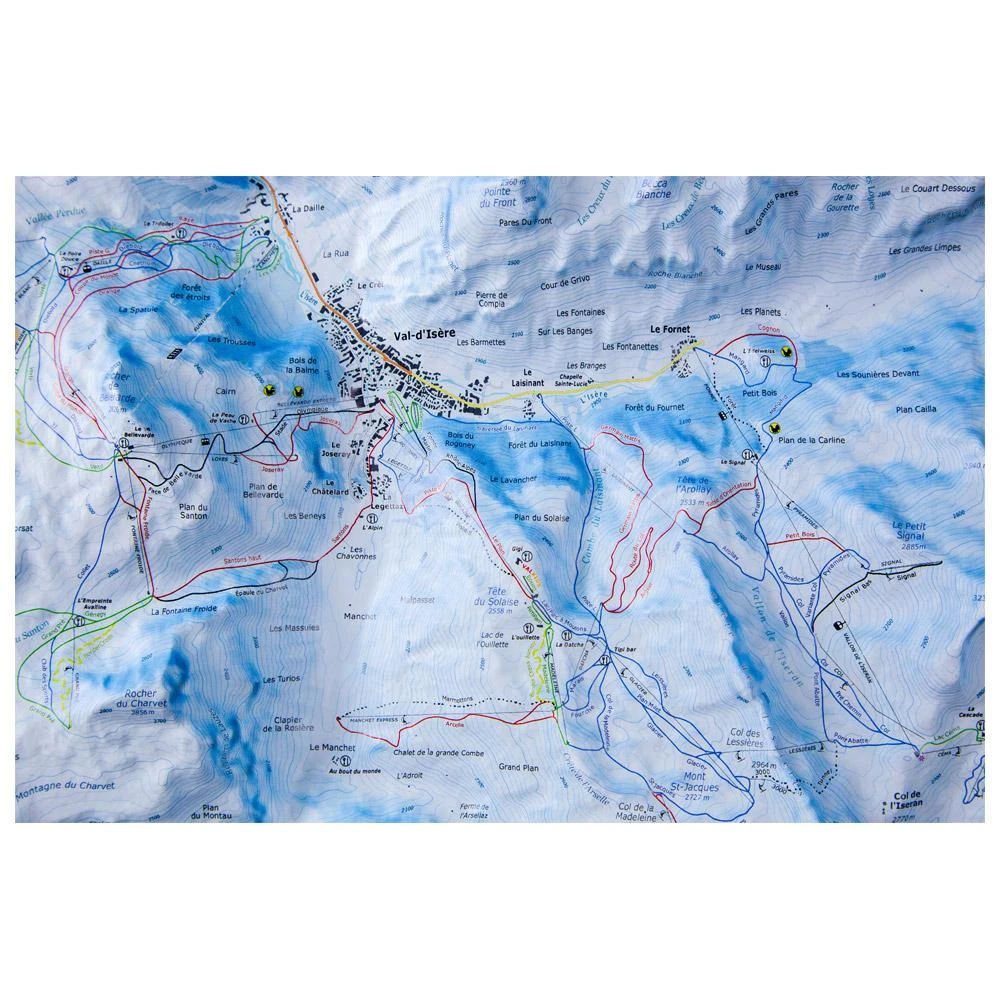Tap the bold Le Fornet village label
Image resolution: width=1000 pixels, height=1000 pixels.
click(670, 328)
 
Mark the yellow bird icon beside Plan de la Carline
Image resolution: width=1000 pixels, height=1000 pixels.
click(774, 427)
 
